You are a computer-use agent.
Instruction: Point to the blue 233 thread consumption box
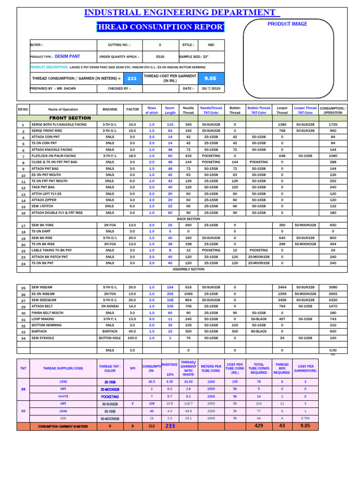click(132, 78)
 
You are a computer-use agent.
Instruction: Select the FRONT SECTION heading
click(70, 118)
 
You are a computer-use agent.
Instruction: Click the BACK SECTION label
click(188, 219)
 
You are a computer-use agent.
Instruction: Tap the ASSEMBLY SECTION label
click(188, 270)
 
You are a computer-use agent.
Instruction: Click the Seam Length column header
click(170, 110)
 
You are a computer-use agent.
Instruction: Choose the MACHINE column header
click(110, 110)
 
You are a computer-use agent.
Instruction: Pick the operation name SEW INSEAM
click(42, 287)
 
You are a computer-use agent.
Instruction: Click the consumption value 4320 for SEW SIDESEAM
click(333, 300)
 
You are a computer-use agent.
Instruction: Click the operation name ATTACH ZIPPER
click(45, 200)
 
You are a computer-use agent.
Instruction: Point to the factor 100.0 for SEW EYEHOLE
click(132, 337)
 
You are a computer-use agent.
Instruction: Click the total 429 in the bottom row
click(259, 426)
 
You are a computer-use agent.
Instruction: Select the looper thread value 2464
click(282, 287)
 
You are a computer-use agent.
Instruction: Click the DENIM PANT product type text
click(67, 56)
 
